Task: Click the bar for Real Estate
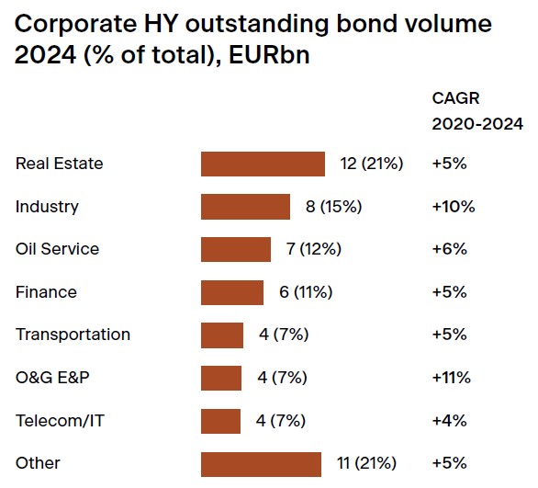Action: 263,164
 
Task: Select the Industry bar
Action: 245,207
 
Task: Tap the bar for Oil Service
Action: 236,249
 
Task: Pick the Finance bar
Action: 232,292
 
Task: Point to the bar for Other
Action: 261,464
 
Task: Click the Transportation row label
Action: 73,335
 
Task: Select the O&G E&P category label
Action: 53,378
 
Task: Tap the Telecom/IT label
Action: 59,421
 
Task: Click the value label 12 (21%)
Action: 372,164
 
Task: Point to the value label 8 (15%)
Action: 333,207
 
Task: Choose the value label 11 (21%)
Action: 368,464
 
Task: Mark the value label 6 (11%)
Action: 306,292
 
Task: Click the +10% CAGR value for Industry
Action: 454,207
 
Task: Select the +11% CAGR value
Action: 451,378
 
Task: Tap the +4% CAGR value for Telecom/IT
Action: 450,421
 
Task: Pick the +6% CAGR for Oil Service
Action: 450,249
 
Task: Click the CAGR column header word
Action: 455,98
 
